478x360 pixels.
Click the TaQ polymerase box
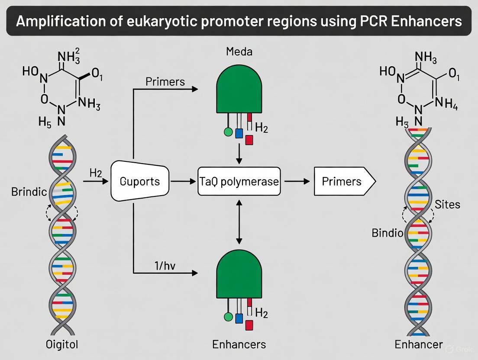(239, 181)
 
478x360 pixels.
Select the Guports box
(140, 181)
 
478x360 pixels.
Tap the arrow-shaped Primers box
(342, 181)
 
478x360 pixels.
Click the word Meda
(239, 52)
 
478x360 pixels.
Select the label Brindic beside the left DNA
(29, 192)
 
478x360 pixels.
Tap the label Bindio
(388, 233)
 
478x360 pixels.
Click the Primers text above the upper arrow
(165, 82)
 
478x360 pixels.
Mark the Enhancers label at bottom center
(239, 344)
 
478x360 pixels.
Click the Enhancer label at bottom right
(419, 344)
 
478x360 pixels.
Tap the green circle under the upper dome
(228, 132)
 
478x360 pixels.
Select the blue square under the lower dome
(239, 318)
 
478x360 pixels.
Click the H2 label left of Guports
(95, 173)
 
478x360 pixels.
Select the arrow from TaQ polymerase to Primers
(294, 182)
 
